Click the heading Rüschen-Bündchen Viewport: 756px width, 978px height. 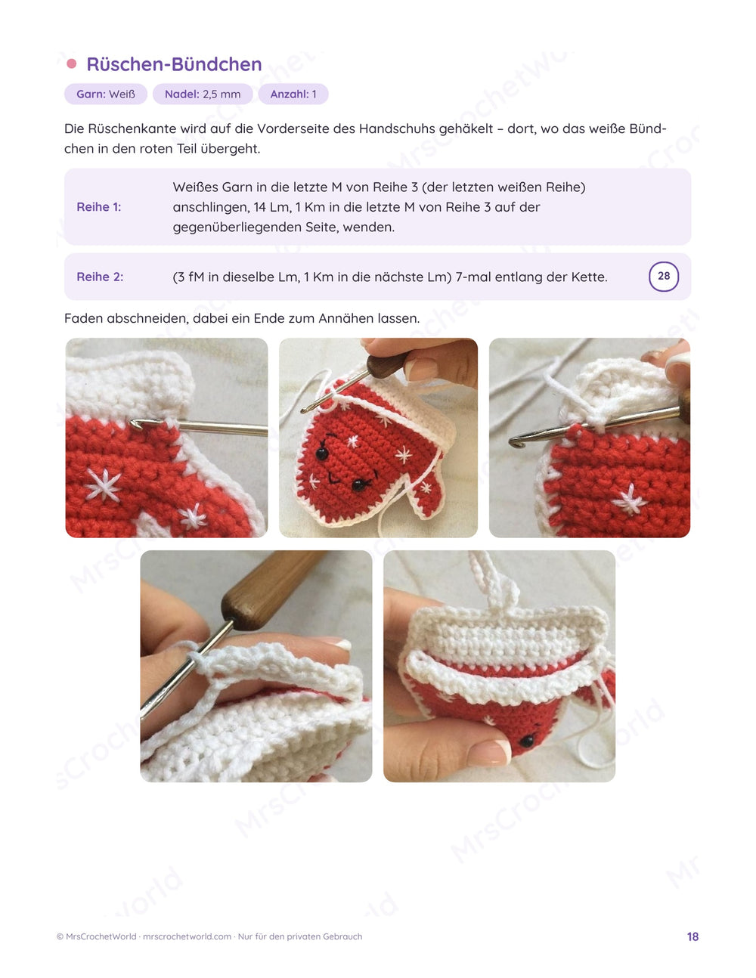pos(174,64)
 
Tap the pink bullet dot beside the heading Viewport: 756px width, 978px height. pos(72,64)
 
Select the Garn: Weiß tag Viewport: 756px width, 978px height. pos(106,94)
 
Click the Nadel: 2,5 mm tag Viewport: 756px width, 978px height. pos(203,94)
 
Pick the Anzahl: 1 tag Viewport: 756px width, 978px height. pos(293,94)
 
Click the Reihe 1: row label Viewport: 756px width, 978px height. pos(99,207)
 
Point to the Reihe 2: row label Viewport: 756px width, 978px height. pos(100,277)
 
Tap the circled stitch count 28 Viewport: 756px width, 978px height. pos(664,277)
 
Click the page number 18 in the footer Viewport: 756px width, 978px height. pos(692,936)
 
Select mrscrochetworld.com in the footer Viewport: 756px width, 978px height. pos(187,936)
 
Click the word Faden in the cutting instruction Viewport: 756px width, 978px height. pos(81,319)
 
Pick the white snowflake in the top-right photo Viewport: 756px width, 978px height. pos(630,500)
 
